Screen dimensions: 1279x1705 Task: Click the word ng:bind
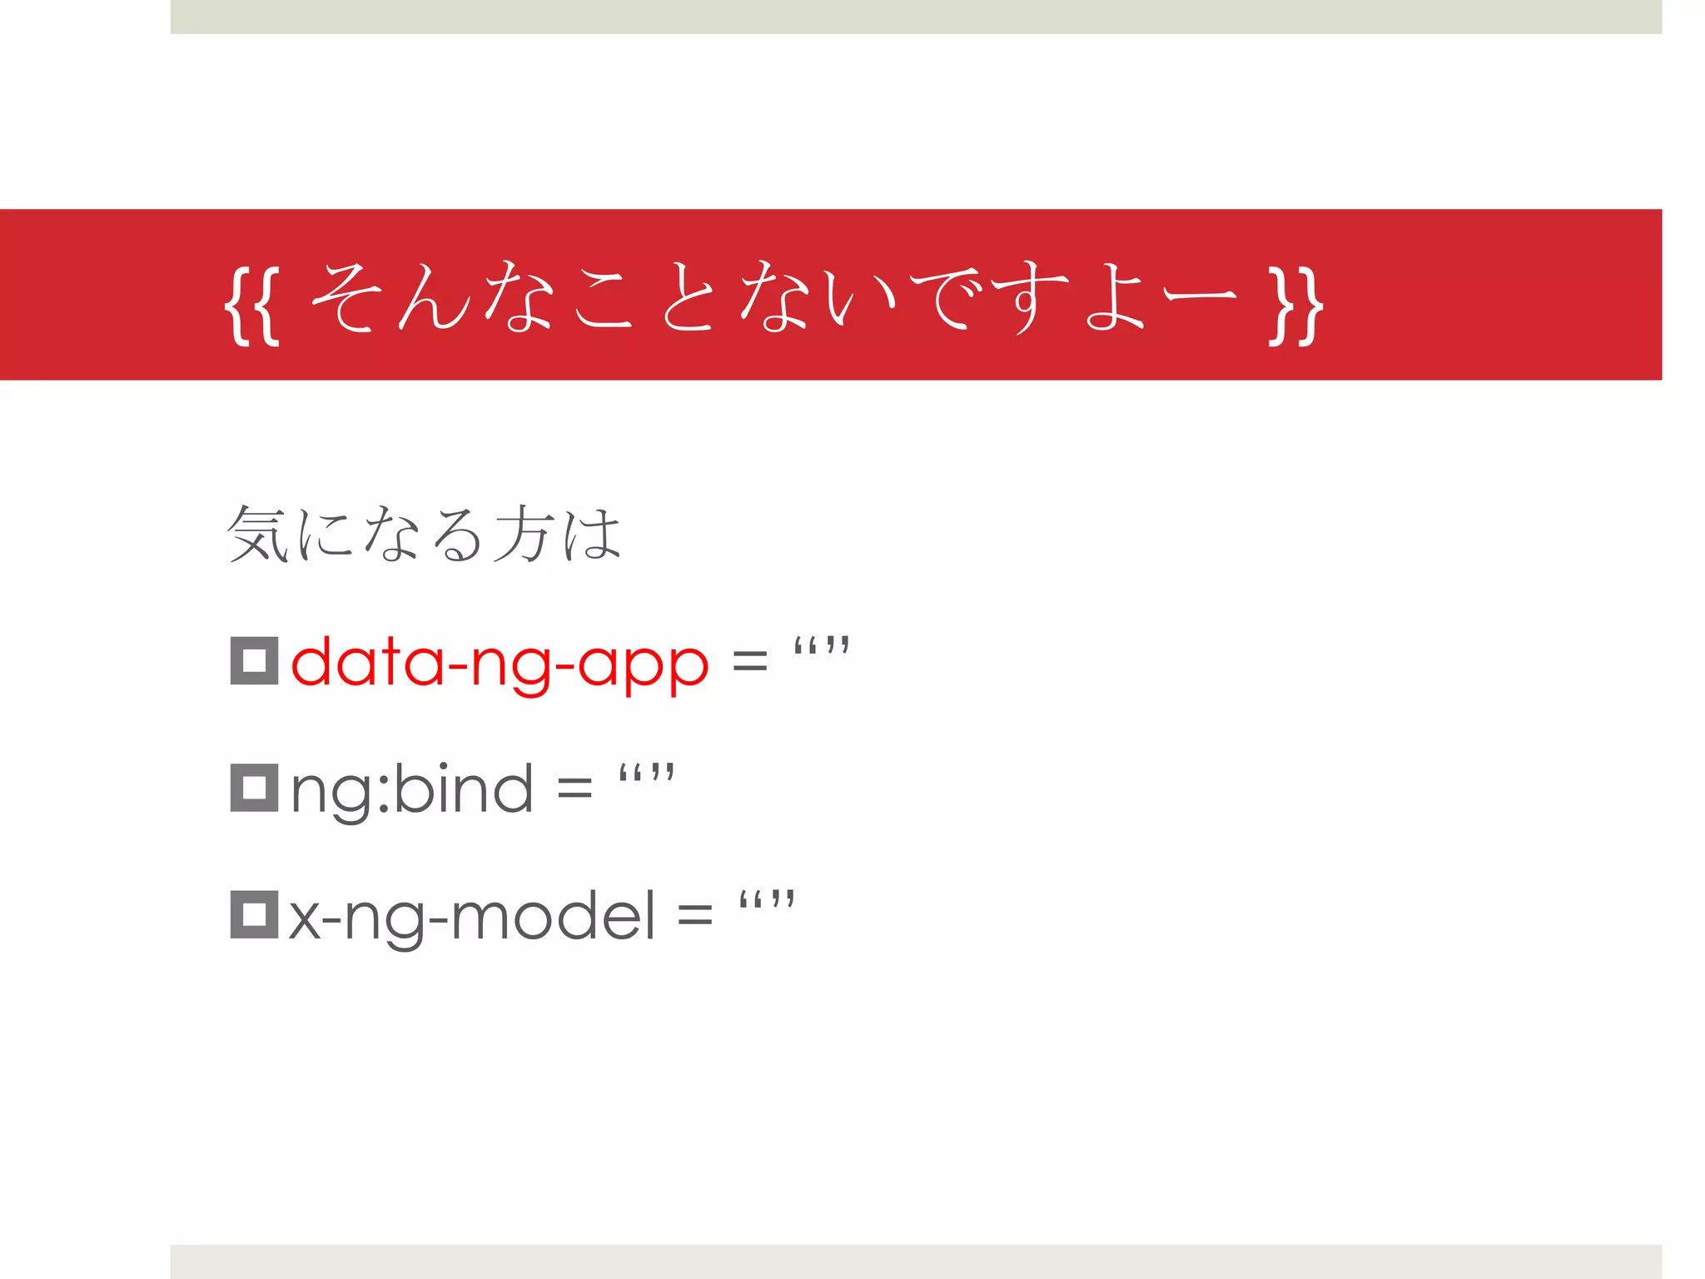pos(412,790)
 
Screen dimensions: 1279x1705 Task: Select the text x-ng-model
pos(472,917)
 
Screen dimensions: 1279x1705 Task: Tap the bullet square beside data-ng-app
pos(254,661)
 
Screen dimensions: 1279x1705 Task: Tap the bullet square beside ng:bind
pos(254,788)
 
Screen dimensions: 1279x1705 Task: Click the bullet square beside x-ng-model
pos(254,914)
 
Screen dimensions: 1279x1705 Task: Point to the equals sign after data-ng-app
pos(749,664)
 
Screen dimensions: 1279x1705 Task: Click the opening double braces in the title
pos(252,304)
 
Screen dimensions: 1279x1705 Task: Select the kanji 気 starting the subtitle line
pos(258,534)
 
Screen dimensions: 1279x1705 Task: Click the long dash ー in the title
pos(1200,296)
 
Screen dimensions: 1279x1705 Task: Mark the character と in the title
pos(688,298)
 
